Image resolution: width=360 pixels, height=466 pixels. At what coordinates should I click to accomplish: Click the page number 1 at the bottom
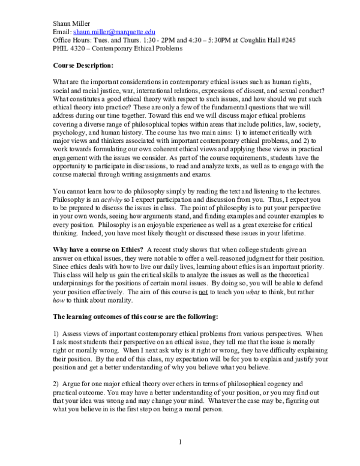[x=180, y=443]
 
